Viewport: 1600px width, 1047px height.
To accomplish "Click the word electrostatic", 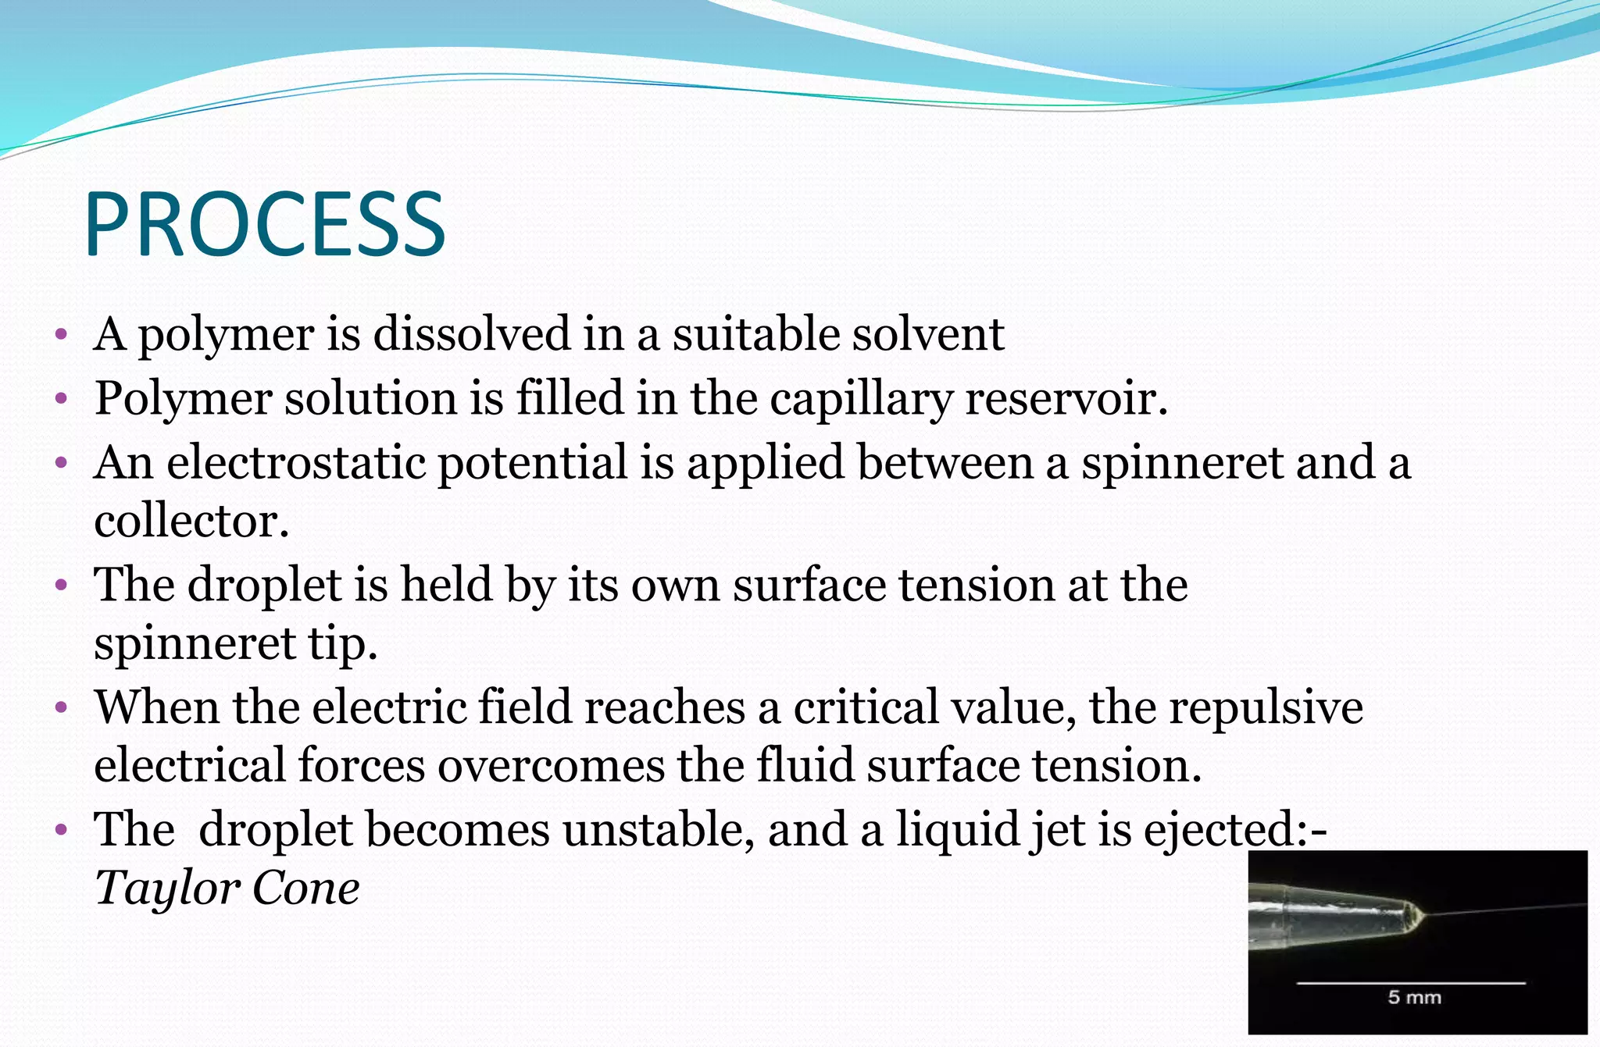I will pyautogui.click(x=296, y=462).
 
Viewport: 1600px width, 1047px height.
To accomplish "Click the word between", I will pyautogui.click(x=945, y=462).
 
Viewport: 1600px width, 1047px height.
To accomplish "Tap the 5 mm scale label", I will pyautogui.click(x=1414, y=997).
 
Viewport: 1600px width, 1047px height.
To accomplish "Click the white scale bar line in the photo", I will pyautogui.click(x=1411, y=983).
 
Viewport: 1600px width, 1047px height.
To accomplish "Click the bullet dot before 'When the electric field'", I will pyautogui.click(x=62, y=709).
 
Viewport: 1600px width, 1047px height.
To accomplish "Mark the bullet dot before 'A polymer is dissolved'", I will pyautogui.click(x=62, y=337).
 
